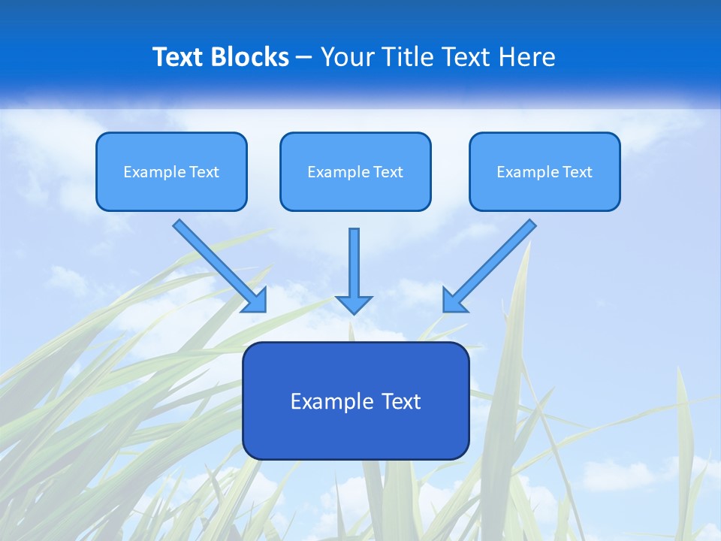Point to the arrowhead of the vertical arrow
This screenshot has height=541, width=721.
pyautogui.click(x=354, y=304)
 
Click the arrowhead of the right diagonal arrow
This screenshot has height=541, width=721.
pyautogui.click(x=453, y=301)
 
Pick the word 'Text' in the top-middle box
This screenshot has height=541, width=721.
pyautogui.click(x=388, y=172)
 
